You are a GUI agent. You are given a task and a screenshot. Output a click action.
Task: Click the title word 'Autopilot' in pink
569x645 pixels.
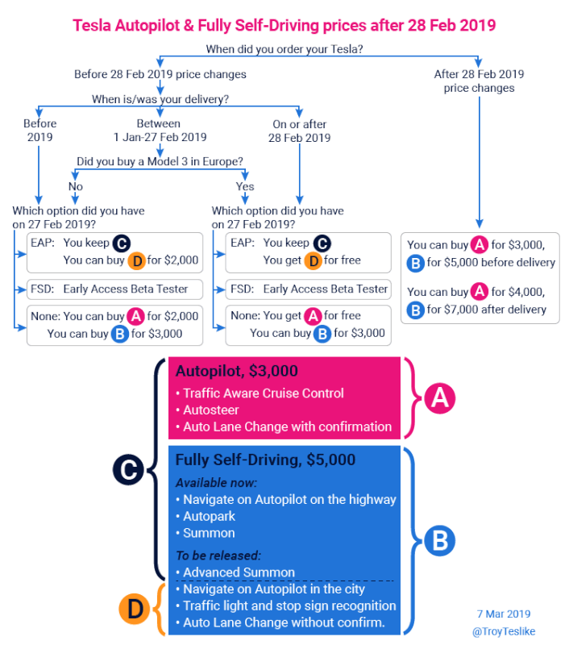tap(147, 26)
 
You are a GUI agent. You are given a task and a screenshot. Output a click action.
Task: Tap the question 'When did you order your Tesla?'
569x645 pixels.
tap(284, 49)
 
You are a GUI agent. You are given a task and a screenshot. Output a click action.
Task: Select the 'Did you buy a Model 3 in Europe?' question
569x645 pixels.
tap(160, 161)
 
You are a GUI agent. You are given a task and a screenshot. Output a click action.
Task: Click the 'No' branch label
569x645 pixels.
tap(76, 186)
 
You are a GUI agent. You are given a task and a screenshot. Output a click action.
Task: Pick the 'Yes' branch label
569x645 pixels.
tap(245, 186)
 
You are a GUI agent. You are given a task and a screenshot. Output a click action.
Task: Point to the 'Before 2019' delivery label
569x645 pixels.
tap(39, 130)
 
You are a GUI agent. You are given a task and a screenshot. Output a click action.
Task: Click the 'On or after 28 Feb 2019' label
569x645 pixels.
tap(299, 131)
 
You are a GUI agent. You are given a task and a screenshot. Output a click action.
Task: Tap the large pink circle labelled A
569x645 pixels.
tap(440, 398)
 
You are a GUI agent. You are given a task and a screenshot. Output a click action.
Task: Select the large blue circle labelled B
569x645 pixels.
tap(439, 540)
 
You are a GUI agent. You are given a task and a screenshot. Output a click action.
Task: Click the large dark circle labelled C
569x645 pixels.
tap(128, 469)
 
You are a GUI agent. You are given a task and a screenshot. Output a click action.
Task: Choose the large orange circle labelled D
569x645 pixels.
tap(134, 609)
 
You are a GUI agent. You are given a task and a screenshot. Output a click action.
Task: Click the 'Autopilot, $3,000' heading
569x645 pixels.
tap(236, 371)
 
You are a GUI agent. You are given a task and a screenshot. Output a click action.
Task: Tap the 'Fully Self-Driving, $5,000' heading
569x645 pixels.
tap(265, 460)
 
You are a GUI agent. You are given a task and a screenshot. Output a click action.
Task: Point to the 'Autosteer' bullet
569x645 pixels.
tap(208, 410)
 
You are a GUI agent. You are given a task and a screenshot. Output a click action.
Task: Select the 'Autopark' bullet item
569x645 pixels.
tap(206, 516)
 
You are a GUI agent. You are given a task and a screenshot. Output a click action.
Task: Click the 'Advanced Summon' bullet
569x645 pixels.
tap(235, 572)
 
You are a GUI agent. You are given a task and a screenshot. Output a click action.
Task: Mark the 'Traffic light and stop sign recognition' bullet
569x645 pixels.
tap(286, 606)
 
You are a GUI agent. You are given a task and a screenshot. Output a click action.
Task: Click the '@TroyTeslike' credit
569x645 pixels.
tap(504, 631)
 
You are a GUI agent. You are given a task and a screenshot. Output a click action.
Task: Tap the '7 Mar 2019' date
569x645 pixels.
tap(504, 614)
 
